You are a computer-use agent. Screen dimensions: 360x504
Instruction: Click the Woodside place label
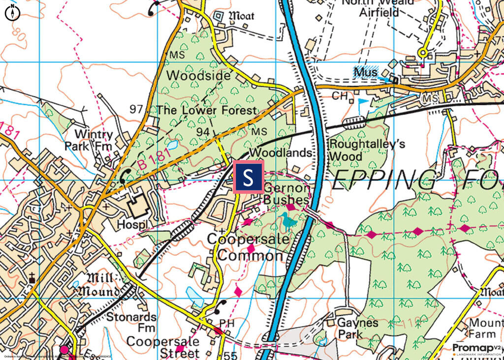point(198,76)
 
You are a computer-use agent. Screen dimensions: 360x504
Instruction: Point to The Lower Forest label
point(207,110)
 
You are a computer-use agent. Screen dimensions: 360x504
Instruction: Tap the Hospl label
point(132,224)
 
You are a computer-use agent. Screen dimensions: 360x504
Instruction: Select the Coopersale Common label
point(245,247)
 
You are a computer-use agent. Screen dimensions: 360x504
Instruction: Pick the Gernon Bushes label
point(286,194)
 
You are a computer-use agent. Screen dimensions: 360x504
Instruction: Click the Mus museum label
point(365,72)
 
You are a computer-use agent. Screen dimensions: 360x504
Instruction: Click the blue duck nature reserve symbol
point(289,221)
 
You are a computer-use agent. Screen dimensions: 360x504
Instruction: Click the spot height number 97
point(136,109)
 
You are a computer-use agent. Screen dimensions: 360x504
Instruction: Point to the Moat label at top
point(240,16)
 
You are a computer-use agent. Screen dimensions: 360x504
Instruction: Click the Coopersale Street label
point(163,347)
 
